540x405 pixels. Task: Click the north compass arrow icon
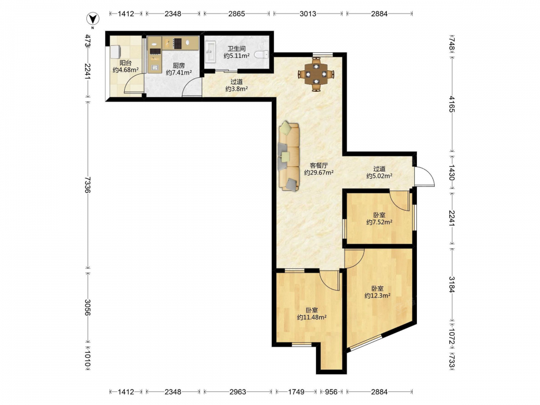tap(92, 18)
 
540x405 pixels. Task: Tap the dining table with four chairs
tap(316, 74)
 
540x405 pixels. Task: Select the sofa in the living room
tap(289, 156)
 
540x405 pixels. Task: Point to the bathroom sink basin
tap(210, 52)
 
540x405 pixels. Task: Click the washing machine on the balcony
tap(116, 52)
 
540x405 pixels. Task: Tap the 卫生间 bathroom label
tap(237, 49)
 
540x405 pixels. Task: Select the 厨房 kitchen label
tap(179, 65)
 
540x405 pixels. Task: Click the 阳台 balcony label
tap(125, 63)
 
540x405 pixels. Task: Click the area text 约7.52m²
tap(379, 222)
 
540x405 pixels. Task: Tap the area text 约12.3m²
tap(377, 295)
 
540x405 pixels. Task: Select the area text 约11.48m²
tap(312, 318)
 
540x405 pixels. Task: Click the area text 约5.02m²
tap(379, 176)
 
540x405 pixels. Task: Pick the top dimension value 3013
tap(308, 14)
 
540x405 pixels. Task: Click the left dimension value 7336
tap(87, 185)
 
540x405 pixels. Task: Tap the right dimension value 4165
tap(452, 104)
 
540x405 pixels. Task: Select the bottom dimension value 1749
tap(296, 391)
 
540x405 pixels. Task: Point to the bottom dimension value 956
tap(332, 391)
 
